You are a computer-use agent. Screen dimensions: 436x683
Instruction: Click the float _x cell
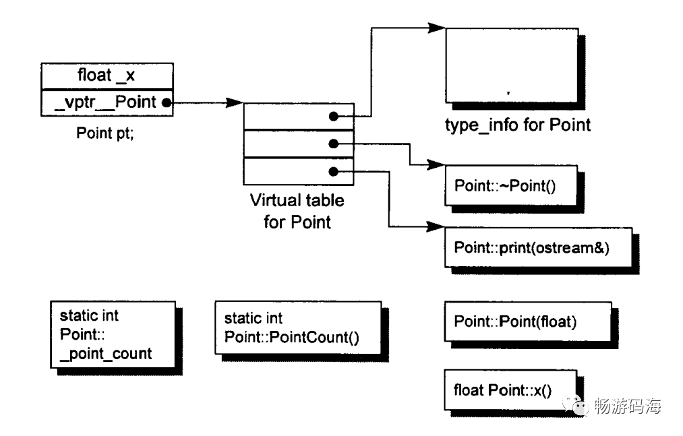click(107, 75)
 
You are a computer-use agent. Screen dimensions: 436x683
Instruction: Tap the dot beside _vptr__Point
click(166, 103)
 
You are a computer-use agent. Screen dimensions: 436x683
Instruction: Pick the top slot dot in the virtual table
click(333, 117)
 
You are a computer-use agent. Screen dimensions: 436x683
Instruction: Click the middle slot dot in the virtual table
click(333, 143)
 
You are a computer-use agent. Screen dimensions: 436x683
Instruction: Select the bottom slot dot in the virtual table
click(333, 170)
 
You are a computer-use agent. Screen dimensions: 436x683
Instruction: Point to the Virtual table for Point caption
click(297, 210)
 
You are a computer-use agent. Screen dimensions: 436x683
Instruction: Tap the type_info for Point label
click(518, 125)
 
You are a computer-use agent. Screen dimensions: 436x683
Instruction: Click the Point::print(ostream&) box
click(532, 247)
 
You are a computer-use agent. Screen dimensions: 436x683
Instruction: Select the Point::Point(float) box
click(514, 322)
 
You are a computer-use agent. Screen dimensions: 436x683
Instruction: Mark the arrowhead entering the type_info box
click(436, 28)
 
